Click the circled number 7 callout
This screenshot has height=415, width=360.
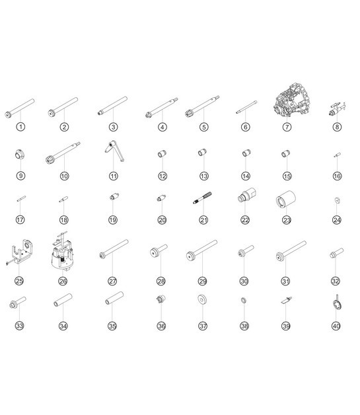coord(287,127)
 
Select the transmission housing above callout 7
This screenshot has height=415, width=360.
coord(292,100)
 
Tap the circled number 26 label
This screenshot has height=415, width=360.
coord(63,281)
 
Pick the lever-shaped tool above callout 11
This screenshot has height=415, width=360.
coord(114,151)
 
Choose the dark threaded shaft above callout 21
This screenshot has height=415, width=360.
coord(202,198)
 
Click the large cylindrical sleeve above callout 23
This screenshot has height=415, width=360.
coord(285,199)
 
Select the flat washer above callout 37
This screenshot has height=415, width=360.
coord(202,299)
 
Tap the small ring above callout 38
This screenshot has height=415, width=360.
coord(244,300)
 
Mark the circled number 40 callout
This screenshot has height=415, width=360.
coord(336,326)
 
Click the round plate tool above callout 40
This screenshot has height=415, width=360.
coord(337,303)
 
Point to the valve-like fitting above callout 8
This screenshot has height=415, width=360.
coord(338,108)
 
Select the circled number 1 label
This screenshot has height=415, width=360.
coord(20,127)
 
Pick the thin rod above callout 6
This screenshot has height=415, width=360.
coord(246,107)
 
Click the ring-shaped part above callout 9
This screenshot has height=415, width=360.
coord(20,154)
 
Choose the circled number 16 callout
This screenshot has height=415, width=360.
coord(337,176)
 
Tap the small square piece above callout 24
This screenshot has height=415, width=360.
coord(337,200)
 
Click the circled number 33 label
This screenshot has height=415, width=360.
coord(19,326)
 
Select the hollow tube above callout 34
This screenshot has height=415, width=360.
coord(63,300)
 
